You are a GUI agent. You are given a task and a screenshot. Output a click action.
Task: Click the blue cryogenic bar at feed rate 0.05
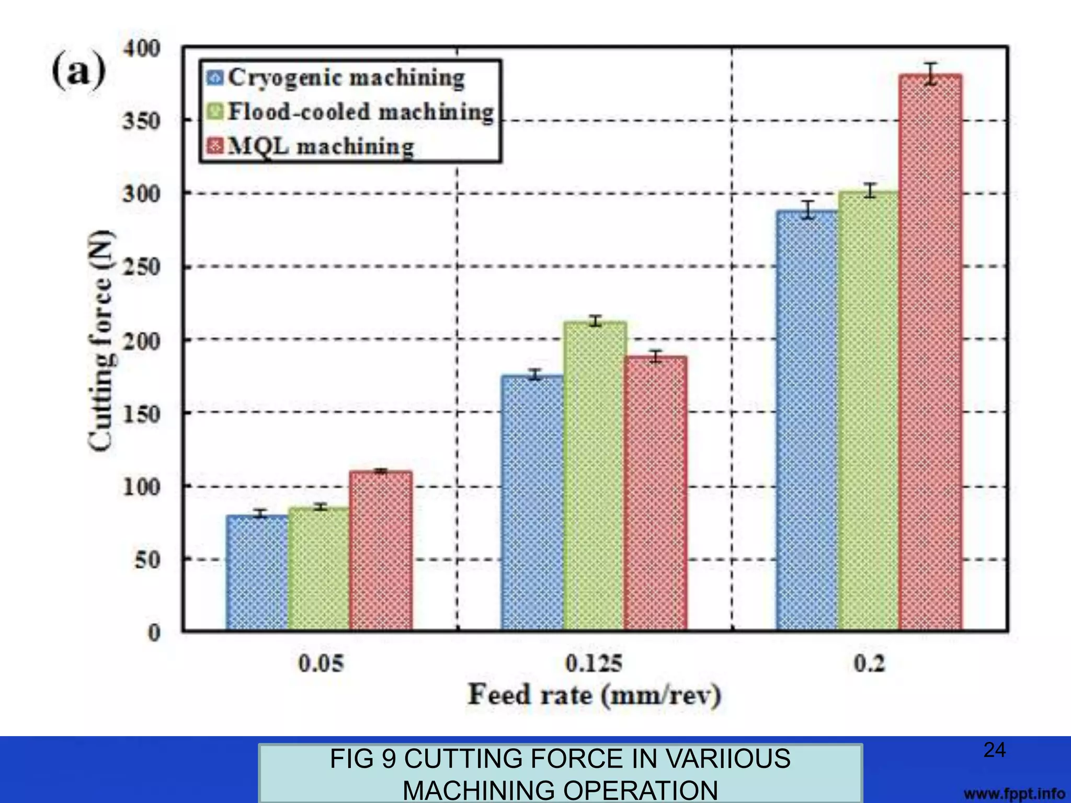tap(257, 572)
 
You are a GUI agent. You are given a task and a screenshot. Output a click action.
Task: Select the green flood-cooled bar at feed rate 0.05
tap(318, 568)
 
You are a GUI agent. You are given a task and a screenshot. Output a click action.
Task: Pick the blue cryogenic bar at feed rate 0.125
tap(532, 502)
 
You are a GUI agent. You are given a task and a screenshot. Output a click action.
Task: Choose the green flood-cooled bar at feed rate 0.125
tap(595, 475)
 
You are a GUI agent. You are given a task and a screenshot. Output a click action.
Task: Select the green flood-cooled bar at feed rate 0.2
tap(869, 410)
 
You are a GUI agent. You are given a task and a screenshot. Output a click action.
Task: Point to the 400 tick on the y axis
tap(142, 49)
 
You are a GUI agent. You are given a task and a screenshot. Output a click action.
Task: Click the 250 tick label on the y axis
tap(142, 267)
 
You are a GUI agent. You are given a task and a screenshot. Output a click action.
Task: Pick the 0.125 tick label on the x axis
tap(594, 664)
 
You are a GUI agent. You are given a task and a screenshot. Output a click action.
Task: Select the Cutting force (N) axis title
tap(100, 340)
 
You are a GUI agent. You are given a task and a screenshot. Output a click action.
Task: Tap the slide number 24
tap(994, 750)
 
